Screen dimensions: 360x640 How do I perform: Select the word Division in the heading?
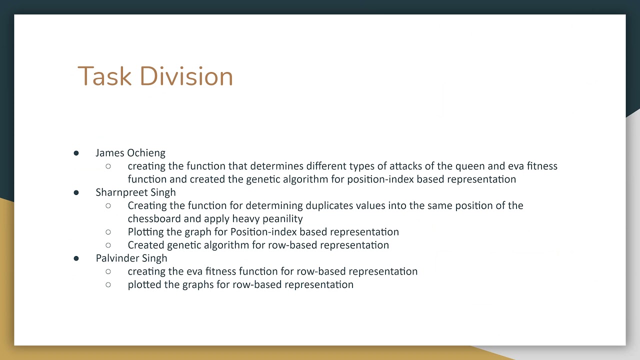[186, 76]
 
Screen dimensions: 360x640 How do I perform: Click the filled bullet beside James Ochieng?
[76, 153]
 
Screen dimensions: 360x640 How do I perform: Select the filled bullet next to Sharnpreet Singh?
[76, 192]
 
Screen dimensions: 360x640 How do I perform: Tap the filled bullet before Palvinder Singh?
[76, 258]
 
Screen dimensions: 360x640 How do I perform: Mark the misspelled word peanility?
[282, 219]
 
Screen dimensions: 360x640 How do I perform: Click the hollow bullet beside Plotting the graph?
[108, 232]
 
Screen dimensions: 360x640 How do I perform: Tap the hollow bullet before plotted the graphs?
[108, 284]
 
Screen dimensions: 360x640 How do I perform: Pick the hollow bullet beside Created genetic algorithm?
[108, 245]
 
